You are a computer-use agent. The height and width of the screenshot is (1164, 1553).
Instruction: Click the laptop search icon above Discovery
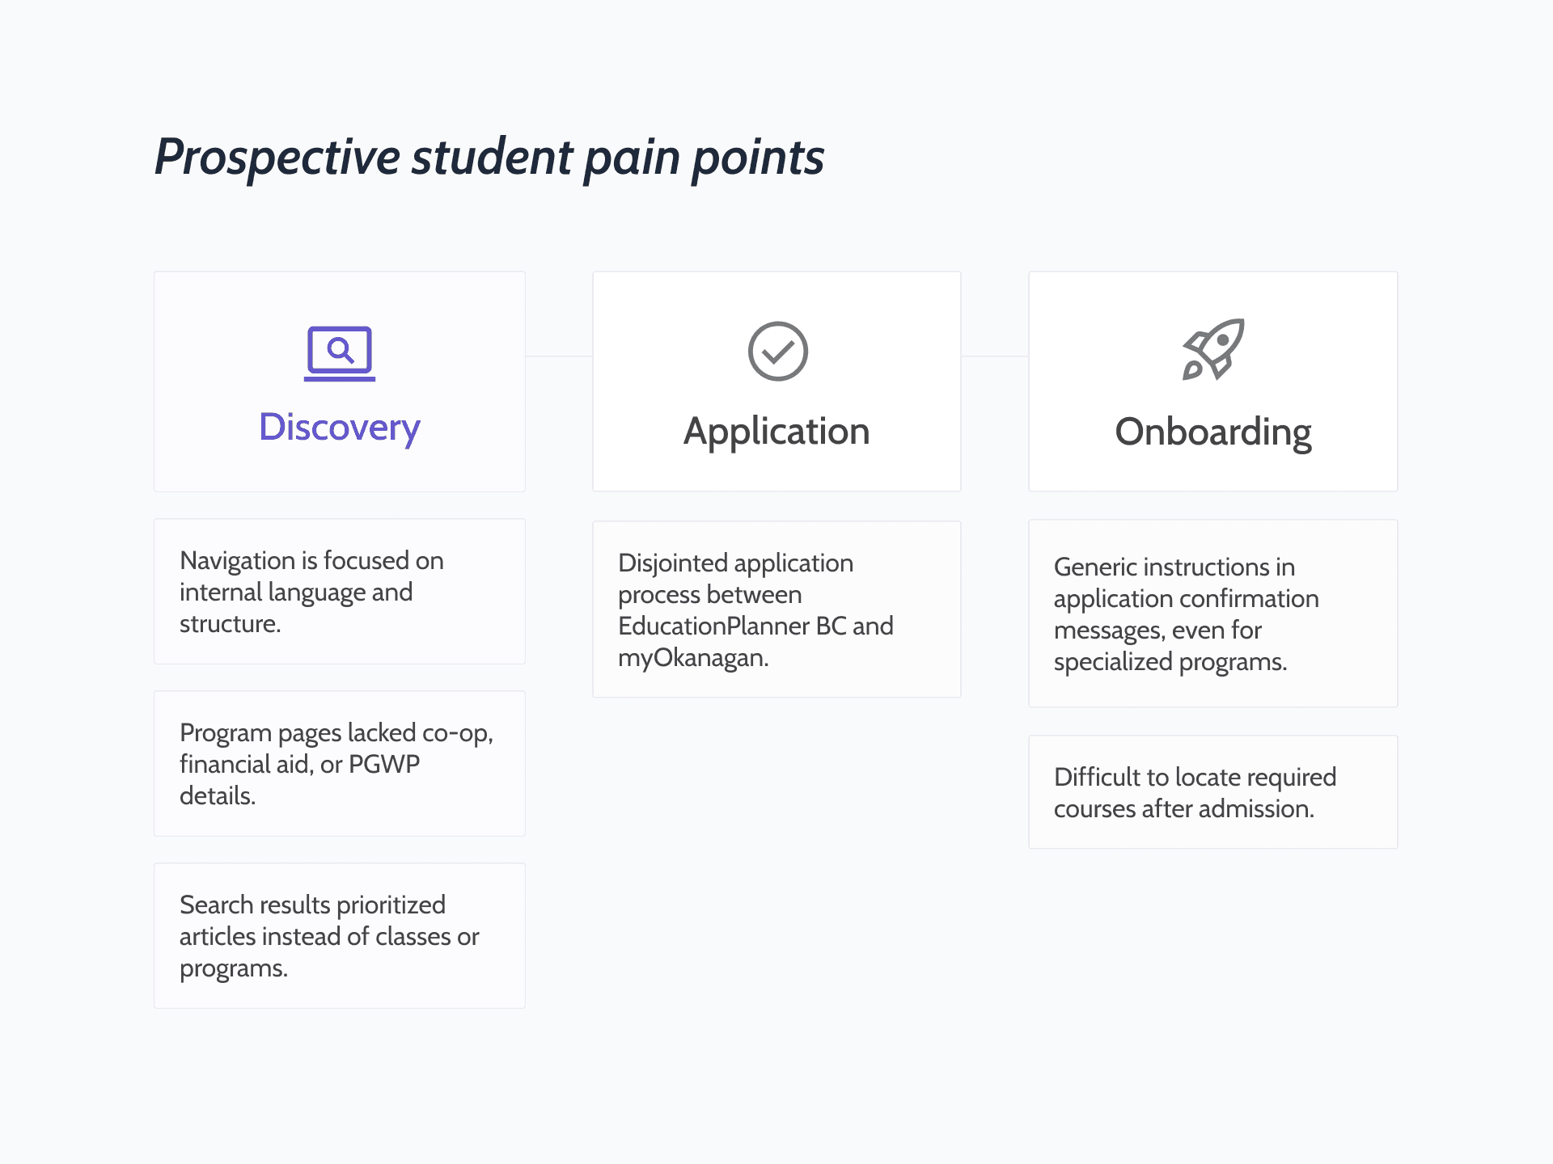[340, 352]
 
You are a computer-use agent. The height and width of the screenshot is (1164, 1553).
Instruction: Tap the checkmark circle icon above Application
[777, 352]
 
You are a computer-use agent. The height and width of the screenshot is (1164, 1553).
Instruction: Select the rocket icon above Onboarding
[1212, 349]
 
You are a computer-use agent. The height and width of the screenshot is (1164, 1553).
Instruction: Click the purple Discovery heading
[340, 427]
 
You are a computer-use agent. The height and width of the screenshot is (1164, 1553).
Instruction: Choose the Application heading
[776, 431]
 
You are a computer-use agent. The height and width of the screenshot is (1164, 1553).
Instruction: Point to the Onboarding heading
[1212, 432]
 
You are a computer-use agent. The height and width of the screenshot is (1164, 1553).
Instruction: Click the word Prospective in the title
[277, 157]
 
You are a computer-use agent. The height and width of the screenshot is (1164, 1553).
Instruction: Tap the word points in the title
[757, 157]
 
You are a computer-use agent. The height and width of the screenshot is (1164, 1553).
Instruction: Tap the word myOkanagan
[692, 658]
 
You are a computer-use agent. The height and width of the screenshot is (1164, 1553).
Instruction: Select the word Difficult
[1098, 777]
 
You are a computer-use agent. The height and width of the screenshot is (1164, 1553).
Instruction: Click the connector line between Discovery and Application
[559, 356]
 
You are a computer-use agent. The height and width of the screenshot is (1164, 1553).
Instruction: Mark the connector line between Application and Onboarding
[995, 356]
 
